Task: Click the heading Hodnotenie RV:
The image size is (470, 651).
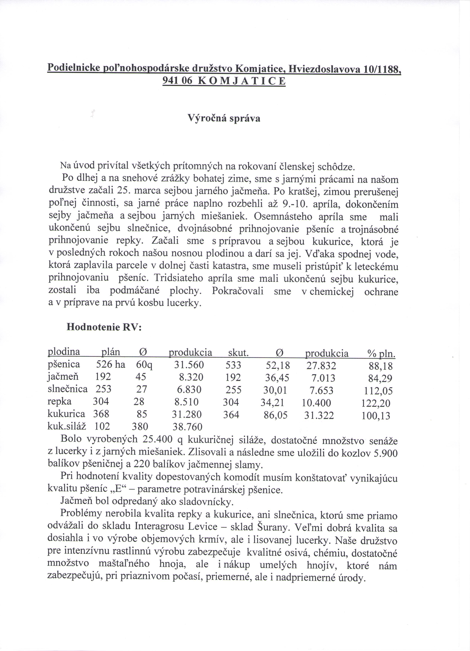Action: click(x=104, y=327)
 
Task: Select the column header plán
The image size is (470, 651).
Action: click(x=111, y=352)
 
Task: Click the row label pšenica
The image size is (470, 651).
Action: click(x=64, y=365)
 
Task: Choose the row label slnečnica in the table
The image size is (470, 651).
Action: click(x=67, y=389)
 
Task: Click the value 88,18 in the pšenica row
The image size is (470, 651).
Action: click(x=381, y=366)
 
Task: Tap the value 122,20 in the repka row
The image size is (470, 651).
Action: click(x=376, y=404)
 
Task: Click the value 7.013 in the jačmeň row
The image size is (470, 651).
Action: click(x=323, y=378)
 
